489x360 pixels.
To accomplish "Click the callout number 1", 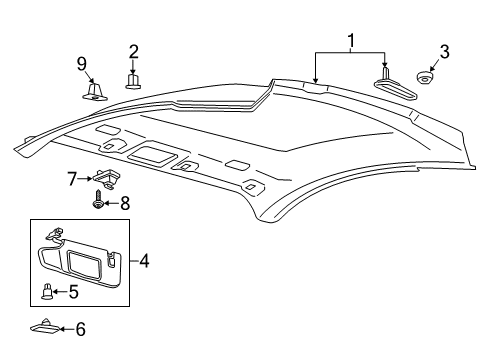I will tap(350, 41).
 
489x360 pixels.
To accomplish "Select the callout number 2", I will tap(133, 51).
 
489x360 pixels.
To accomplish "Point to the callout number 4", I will tap(144, 263).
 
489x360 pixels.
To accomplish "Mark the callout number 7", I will tap(72, 178).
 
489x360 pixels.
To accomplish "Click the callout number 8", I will tap(125, 203).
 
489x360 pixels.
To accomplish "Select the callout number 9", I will tap(82, 65).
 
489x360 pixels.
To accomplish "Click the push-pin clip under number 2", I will tap(133, 79).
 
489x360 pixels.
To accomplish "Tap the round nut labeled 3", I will tap(425, 78).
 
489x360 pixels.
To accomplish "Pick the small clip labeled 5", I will tap(47, 292).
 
